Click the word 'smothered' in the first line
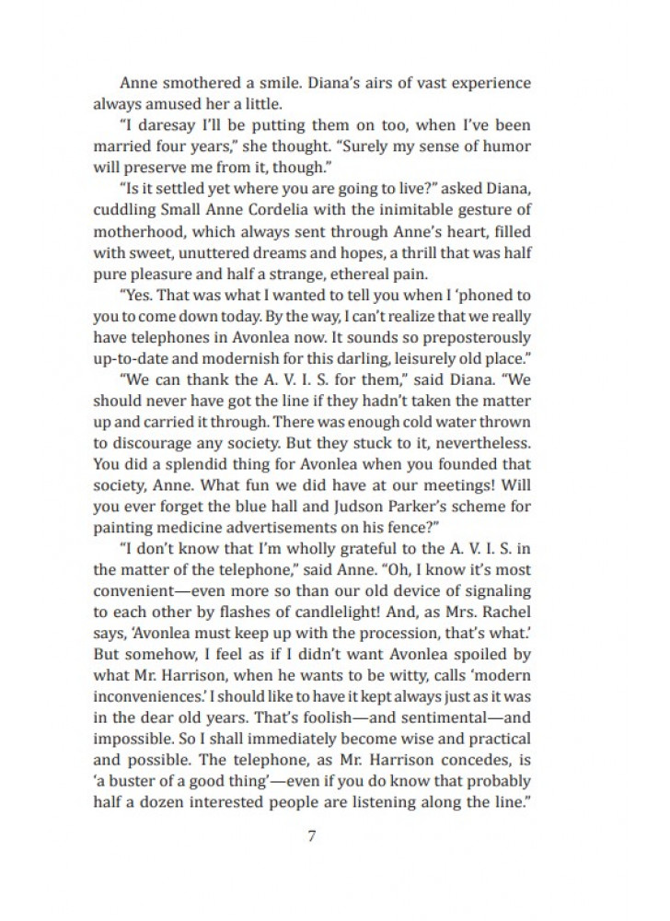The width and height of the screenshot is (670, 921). [202, 83]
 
